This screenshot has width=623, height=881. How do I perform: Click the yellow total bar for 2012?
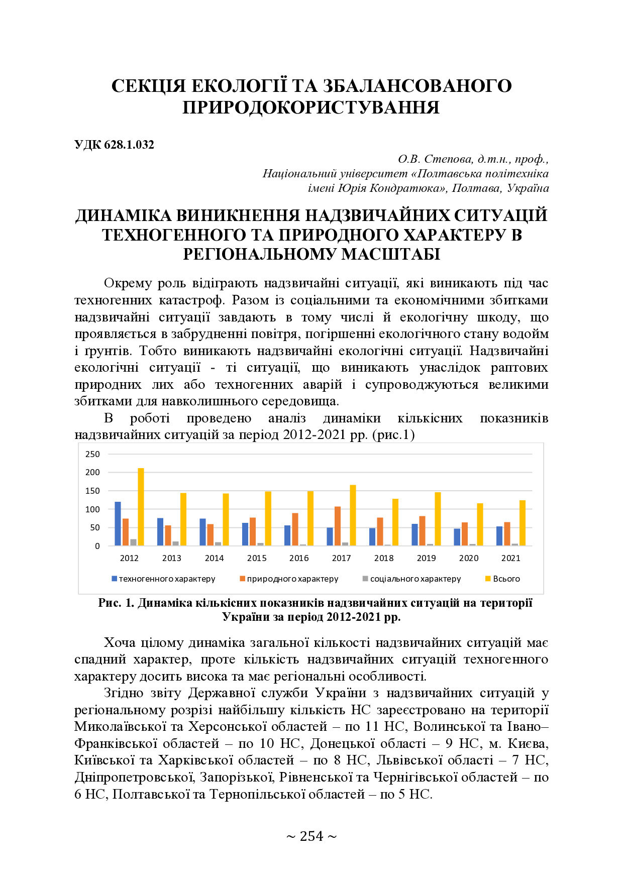141,507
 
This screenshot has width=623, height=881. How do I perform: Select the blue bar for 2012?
118,524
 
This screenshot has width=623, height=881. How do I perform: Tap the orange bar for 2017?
338,526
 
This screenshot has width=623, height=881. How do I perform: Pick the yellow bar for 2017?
353,515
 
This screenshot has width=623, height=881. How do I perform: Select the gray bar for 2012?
134,542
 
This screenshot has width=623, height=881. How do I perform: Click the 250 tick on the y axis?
93,454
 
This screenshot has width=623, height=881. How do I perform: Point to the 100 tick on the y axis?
93,509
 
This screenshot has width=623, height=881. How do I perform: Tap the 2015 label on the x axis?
257,558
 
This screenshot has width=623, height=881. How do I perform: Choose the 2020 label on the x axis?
469,558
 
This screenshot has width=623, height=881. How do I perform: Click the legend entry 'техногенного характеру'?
166,579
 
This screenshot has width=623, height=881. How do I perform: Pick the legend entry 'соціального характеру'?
415,579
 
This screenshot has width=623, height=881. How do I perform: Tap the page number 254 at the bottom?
311,836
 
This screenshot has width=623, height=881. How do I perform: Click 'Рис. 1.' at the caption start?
116,603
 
